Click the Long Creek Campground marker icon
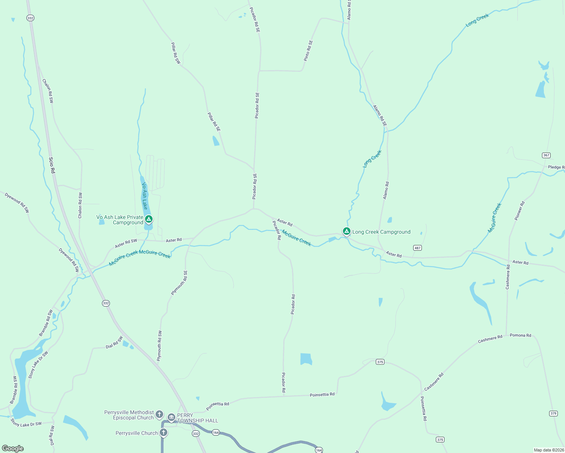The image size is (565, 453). tap(346, 231)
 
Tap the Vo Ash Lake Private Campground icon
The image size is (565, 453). tap(149, 219)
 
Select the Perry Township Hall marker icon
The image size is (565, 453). tap(171, 417)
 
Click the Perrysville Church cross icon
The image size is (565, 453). tap(163, 433)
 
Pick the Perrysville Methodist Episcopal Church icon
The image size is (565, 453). tap(159, 414)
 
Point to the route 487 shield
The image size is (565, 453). tap(417, 248)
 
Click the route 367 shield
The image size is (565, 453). tap(546, 155)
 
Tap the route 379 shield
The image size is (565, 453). tap(553, 413)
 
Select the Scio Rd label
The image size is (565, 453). tap(52, 165)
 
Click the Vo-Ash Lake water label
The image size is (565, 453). tap(145, 196)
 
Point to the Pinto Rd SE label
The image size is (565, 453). tap(309, 51)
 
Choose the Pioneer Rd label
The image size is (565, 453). tap(520, 211)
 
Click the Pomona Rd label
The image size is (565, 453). tap(520, 335)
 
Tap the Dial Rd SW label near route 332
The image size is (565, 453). tap(114, 342)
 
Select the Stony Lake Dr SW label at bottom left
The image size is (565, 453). tap(26, 424)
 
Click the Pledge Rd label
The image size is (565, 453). tap(556, 167)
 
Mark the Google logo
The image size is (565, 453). tap(13, 448)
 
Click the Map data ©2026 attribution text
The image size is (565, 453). tap(548, 450)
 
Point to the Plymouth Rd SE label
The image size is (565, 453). tap(179, 283)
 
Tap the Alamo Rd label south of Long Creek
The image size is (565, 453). tap(386, 191)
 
